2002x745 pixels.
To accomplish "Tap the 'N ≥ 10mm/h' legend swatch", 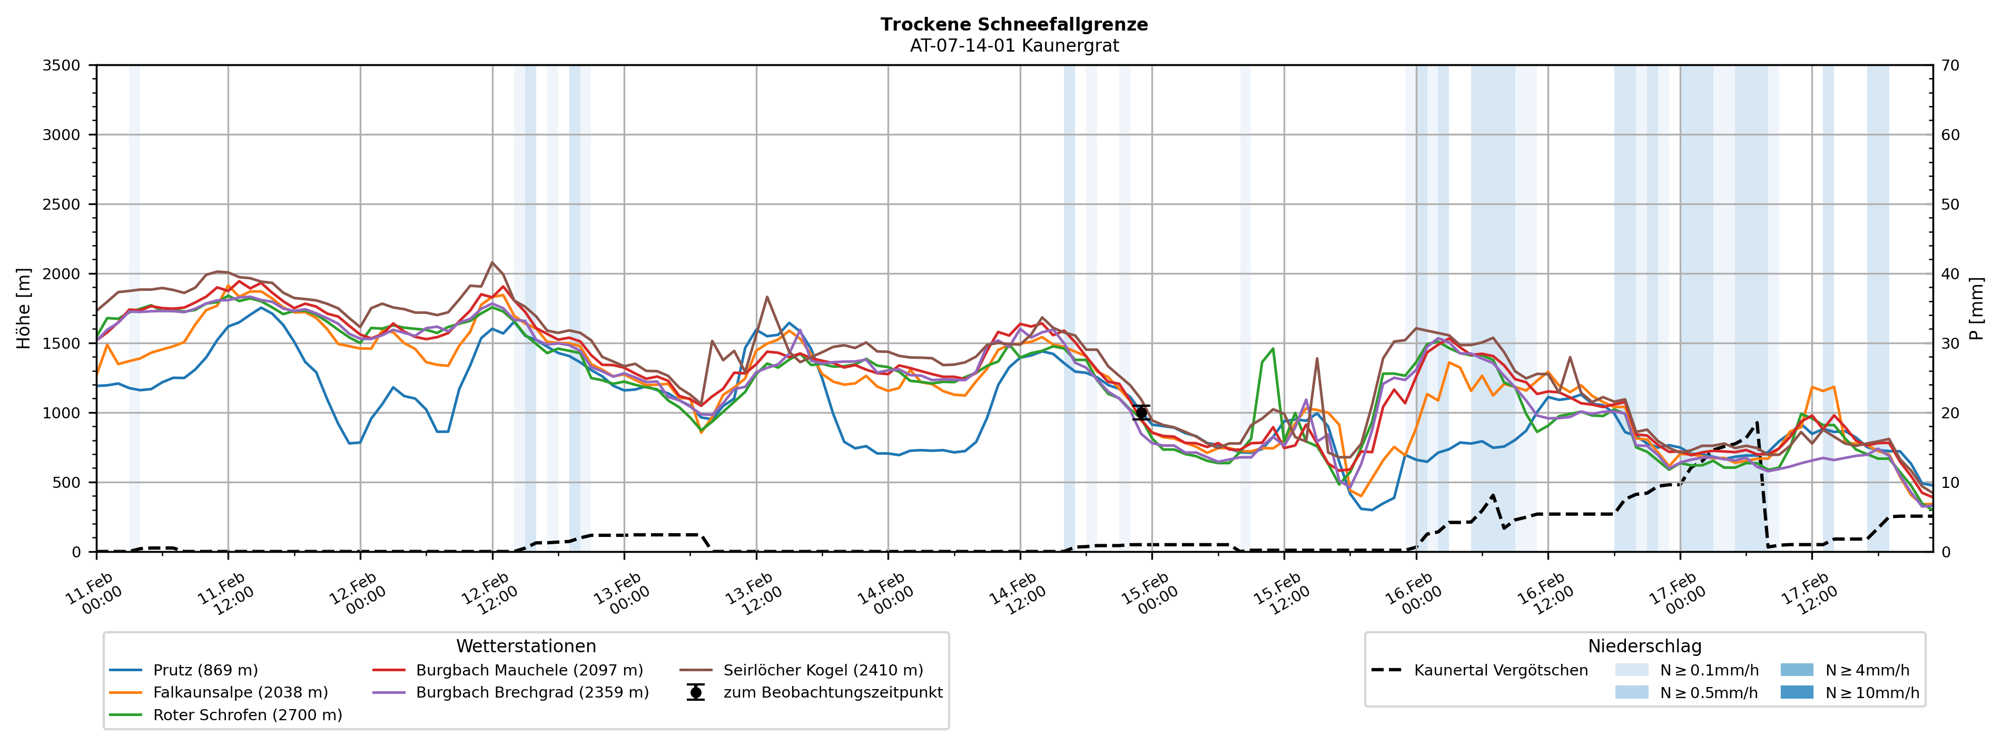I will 1796,693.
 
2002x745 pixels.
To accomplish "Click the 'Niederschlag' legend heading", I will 1644,646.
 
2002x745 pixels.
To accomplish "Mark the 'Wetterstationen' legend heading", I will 526,646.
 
